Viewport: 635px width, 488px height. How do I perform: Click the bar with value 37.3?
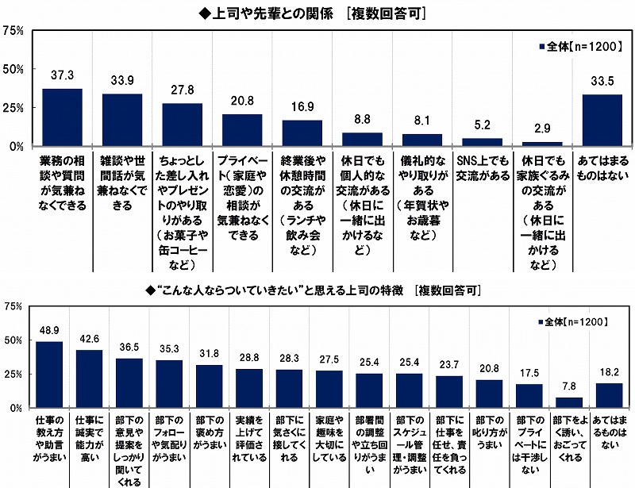[x=62, y=117]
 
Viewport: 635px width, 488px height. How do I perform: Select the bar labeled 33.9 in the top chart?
[x=122, y=120]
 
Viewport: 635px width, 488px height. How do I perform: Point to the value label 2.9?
[x=543, y=128]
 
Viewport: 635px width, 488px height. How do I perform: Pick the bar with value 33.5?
[x=602, y=121]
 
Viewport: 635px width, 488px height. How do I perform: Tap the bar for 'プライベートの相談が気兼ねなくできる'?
[x=242, y=130]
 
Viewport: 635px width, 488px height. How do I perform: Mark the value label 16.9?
[x=302, y=106]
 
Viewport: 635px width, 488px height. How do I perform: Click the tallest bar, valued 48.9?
[x=49, y=374]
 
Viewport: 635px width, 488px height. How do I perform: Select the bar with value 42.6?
[x=89, y=378]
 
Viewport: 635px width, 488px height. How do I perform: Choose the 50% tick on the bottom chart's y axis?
[x=13, y=340]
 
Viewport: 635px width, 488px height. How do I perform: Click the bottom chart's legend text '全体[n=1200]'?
[x=576, y=322]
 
